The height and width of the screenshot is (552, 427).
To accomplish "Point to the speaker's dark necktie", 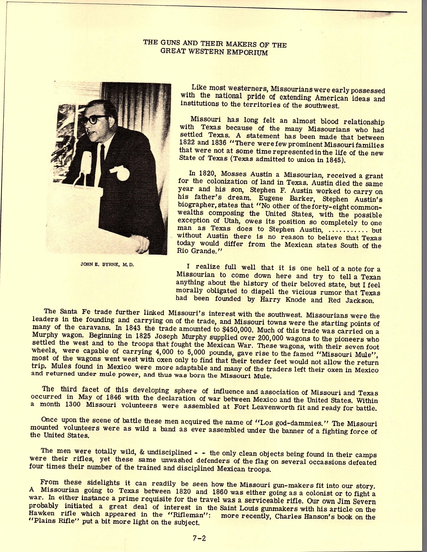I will point(102,157).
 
